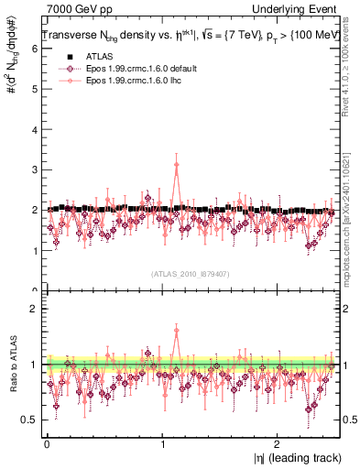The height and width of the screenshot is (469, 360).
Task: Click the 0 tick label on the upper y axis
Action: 34,290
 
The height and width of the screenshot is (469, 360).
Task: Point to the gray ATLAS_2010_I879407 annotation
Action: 190,274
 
